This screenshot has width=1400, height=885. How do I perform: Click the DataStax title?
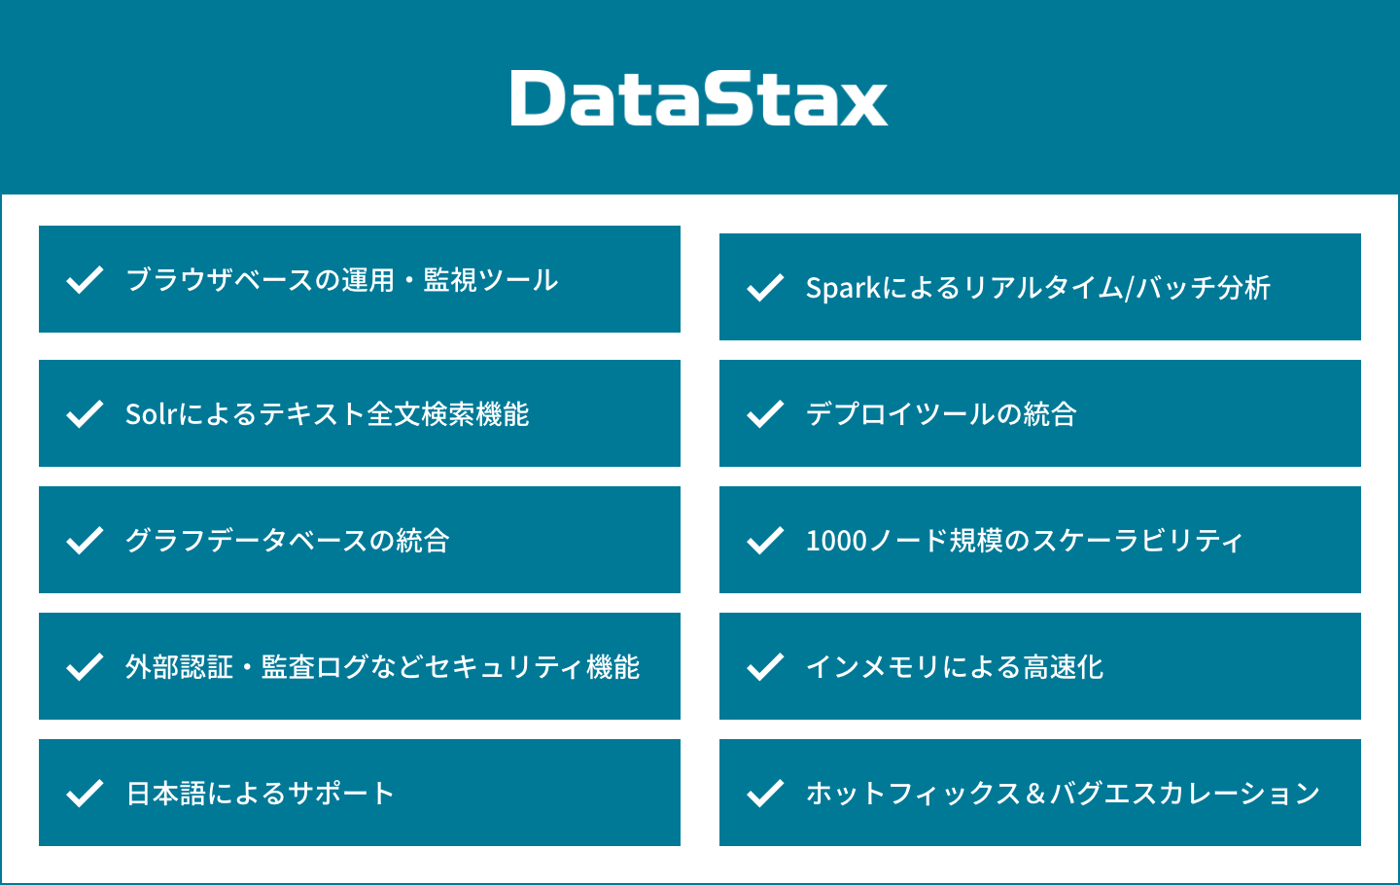tap(699, 97)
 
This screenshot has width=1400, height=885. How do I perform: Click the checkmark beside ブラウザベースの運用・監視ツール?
tap(85, 279)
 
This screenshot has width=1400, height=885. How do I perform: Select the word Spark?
tap(843, 289)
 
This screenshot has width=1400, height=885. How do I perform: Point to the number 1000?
tap(836, 541)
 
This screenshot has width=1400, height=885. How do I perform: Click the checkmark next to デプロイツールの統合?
tap(765, 413)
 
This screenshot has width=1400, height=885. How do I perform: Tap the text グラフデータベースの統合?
tap(288, 541)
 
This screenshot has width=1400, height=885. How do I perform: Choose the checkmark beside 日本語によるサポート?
tap(85, 794)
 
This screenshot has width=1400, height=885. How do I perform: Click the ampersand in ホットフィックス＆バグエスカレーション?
tap(1035, 794)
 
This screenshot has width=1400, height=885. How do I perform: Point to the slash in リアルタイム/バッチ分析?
tap(1129, 289)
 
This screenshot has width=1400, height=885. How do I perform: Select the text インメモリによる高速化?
tap(955, 667)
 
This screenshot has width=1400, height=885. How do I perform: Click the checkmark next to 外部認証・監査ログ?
tap(85, 667)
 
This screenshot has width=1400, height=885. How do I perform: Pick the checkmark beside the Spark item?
tap(765, 288)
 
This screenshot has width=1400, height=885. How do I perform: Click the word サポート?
tap(341, 794)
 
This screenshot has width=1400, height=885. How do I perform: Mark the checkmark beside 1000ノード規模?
tap(765, 541)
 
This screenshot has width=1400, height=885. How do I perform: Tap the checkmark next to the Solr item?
tap(85, 413)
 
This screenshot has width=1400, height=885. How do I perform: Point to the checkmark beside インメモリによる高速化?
tap(765, 667)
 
